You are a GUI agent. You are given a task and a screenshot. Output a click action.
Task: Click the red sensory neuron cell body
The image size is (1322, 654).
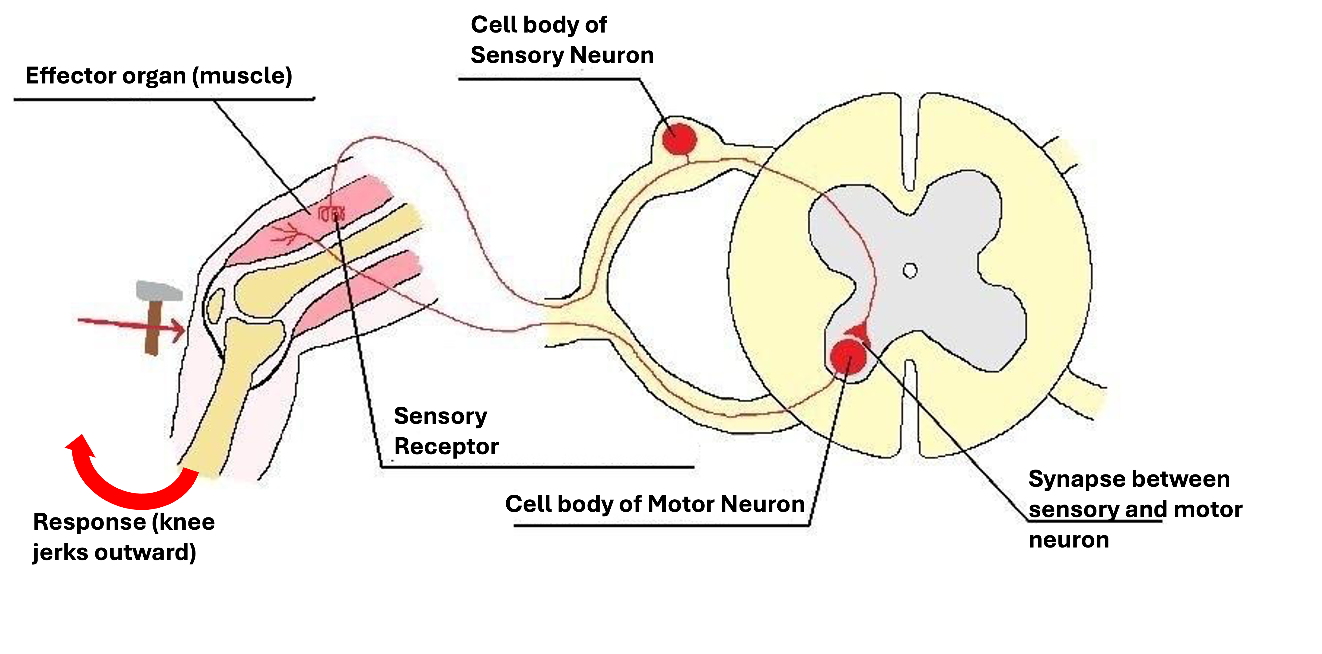pos(679,139)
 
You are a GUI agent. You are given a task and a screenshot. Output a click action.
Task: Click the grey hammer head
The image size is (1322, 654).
pos(159,291)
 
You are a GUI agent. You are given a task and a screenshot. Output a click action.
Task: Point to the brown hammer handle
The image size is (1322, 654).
pos(153,329)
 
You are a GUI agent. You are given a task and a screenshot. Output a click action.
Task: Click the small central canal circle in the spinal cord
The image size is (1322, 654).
pos(910,271)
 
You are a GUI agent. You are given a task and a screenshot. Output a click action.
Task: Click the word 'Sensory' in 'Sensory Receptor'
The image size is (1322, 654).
pos(440,416)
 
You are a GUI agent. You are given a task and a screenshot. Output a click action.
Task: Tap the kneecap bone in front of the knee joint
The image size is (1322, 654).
pos(215,305)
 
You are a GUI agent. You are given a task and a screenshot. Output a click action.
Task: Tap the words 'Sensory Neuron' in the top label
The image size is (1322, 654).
pos(562,55)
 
